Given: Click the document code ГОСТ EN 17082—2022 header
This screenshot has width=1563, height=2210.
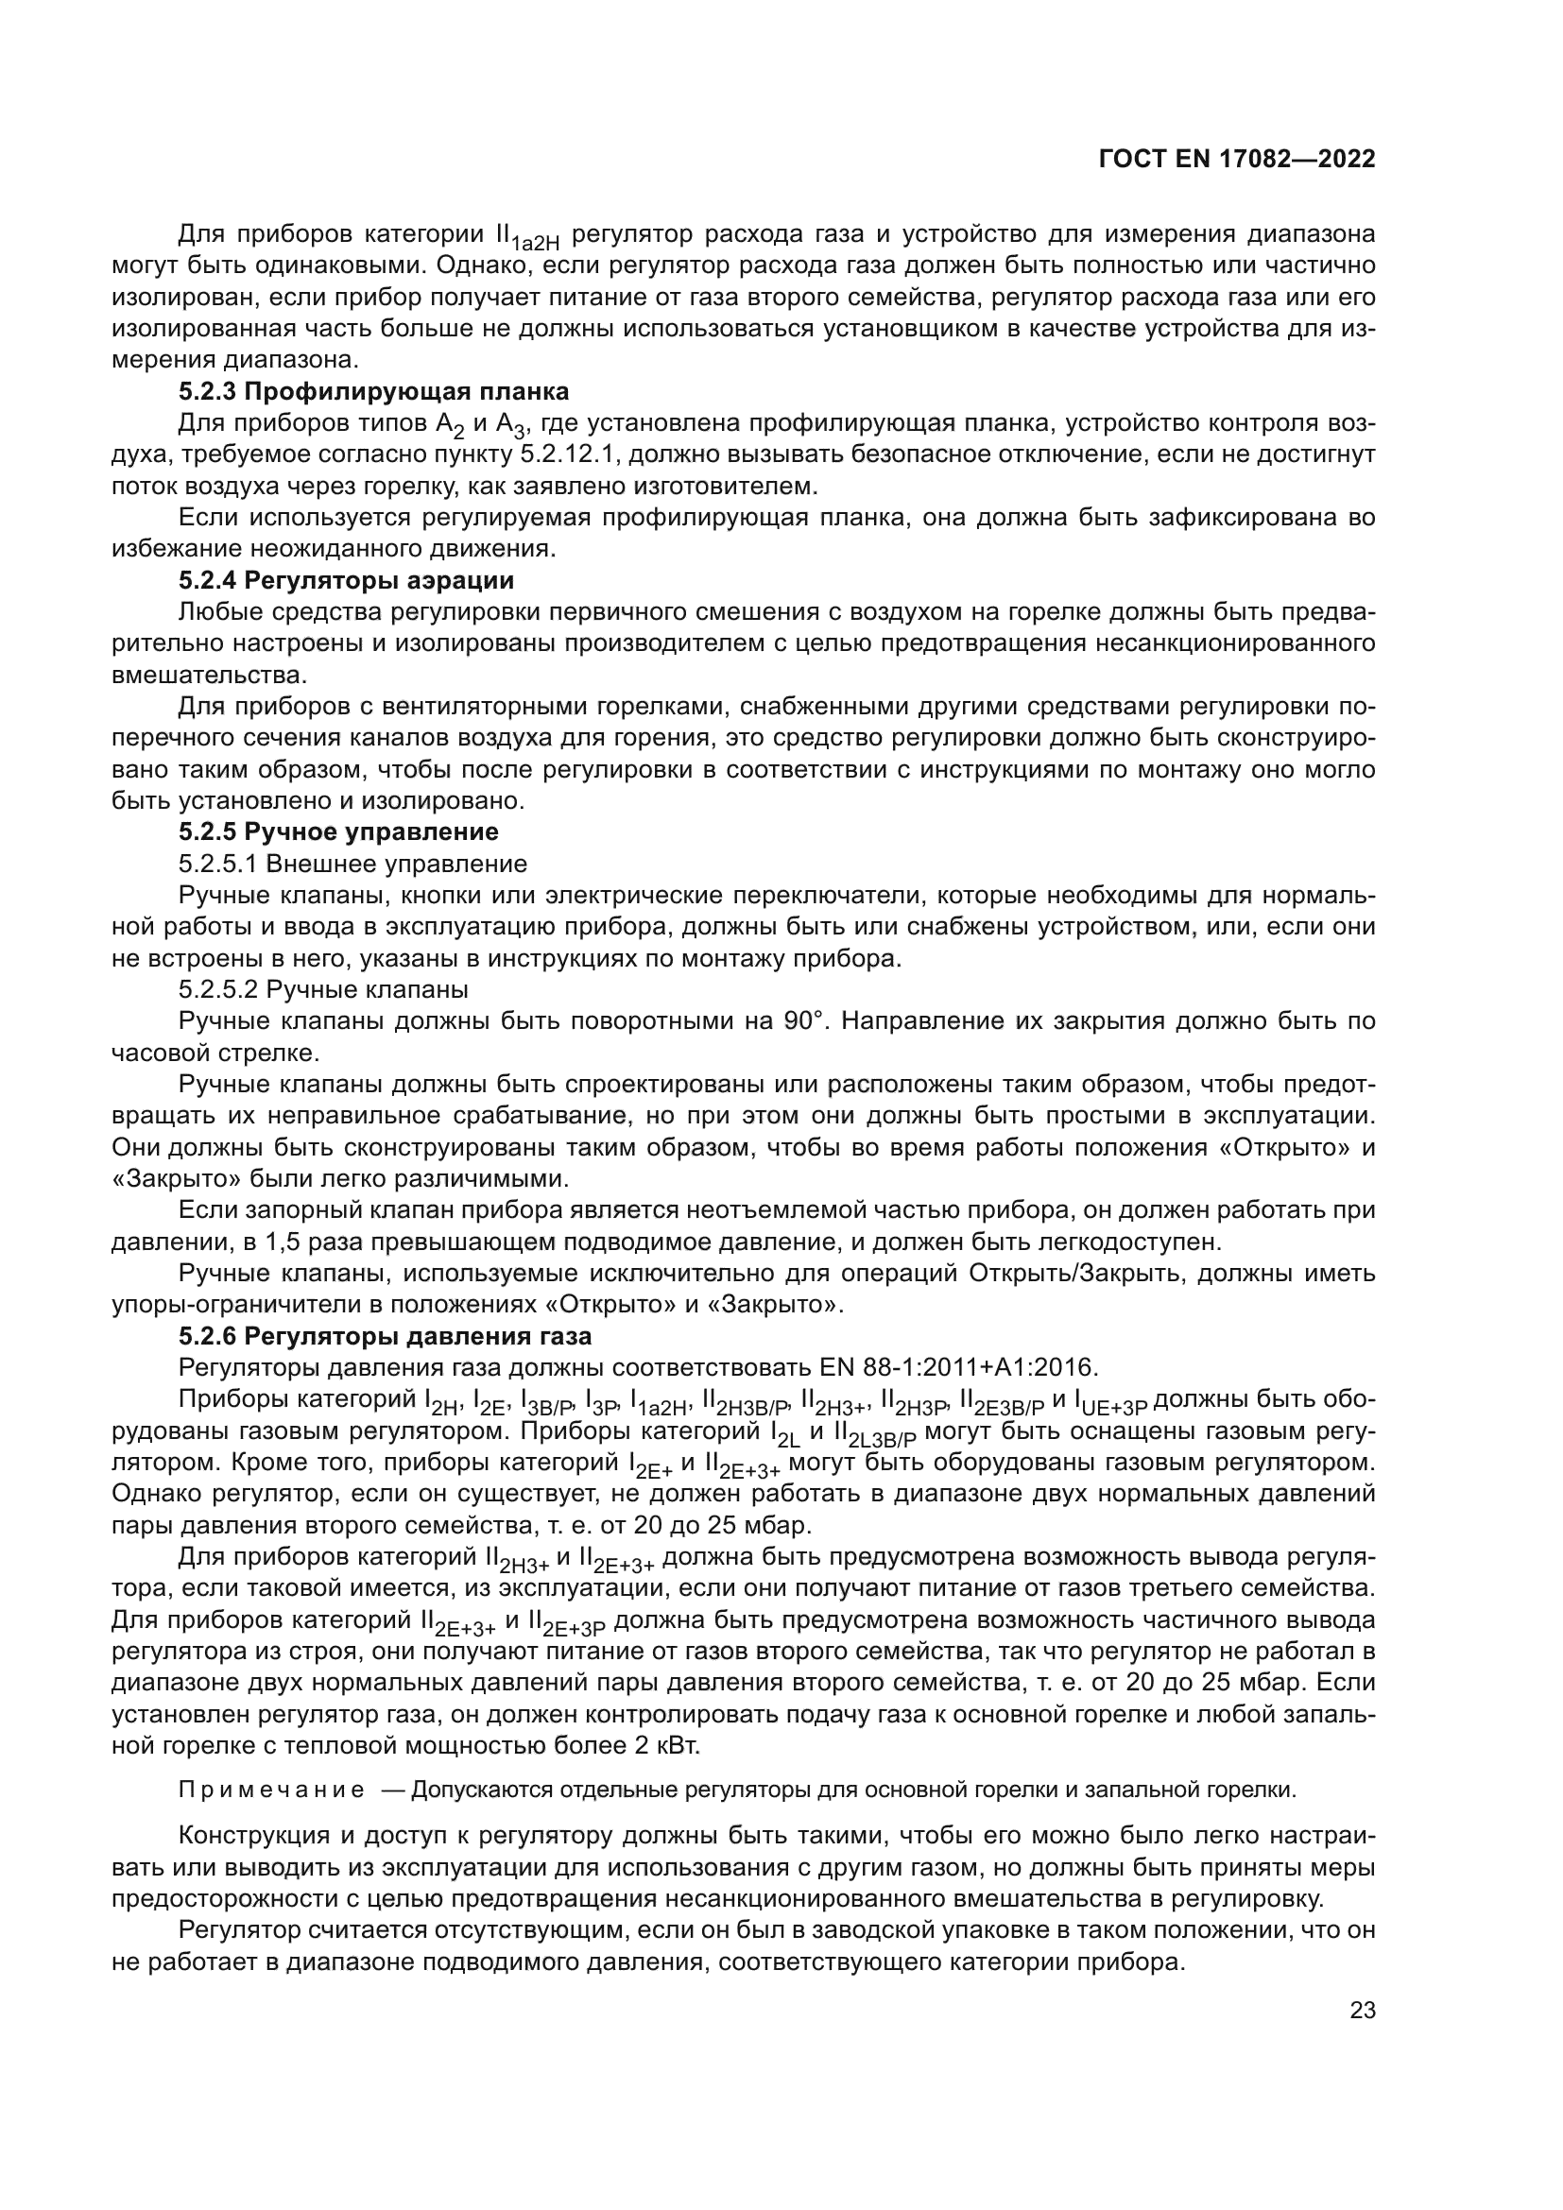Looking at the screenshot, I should [x=1236, y=159].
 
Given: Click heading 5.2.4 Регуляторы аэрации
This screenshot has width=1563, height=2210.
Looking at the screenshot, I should [x=346, y=580].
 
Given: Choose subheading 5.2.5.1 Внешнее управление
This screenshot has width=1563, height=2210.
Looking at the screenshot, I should [x=352, y=864].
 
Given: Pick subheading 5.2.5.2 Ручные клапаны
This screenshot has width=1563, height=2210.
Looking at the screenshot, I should [x=323, y=989].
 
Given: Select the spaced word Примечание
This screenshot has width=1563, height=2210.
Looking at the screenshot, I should [x=271, y=1790].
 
